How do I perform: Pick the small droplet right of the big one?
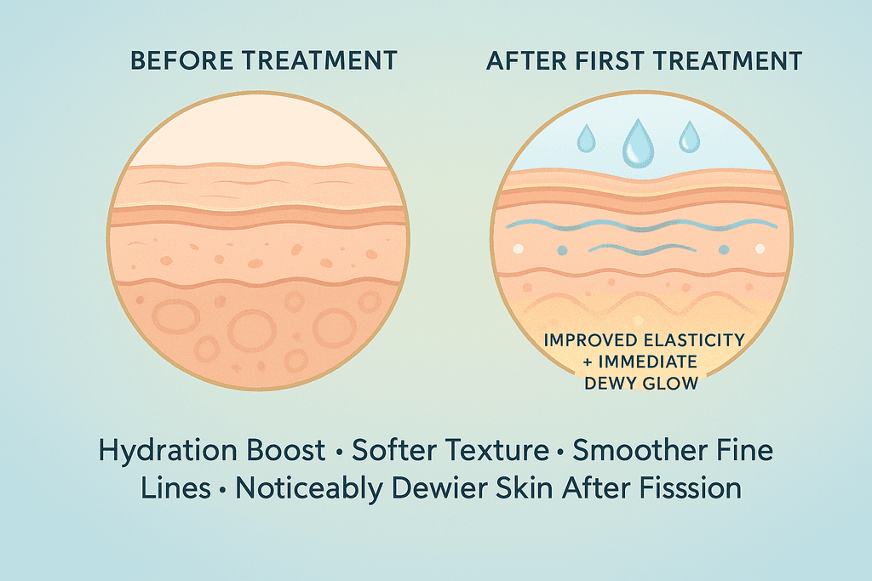688,135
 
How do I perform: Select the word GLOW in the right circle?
672,384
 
